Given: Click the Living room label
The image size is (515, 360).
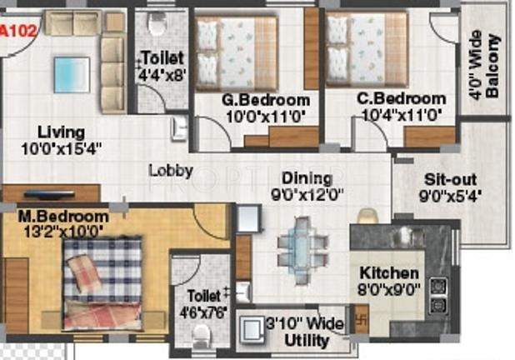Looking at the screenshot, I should pyautogui.click(x=60, y=132).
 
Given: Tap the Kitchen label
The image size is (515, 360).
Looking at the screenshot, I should pyautogui.click(x=389, y=273).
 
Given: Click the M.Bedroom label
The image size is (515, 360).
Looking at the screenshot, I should pyautogui.click(x=63, y=217).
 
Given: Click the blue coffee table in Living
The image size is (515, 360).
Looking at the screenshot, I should pyautogui.click(x=72, y=73).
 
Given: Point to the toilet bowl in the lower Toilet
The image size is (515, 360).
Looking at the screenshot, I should pyautogui.click(x=201, y=335).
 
